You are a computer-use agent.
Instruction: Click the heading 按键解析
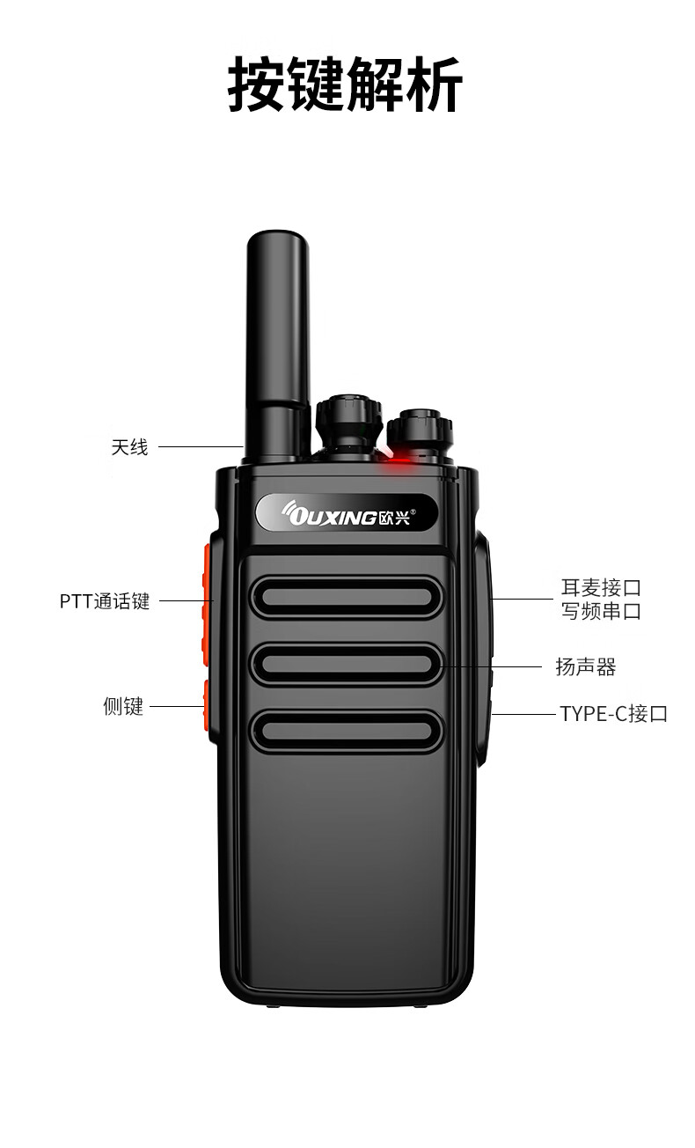pos(345,84)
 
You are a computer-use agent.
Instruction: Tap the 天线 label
pos(129,447)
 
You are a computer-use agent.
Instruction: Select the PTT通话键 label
pos(105,601)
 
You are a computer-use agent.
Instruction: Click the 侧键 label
pos(123,706)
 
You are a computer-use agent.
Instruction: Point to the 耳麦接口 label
pos(601,587)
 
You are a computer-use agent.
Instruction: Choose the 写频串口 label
pos(601,611)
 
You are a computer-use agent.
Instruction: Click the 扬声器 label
pos(585,667)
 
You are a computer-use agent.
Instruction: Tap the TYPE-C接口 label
pos(613,714)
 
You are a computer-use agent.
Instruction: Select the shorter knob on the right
pos(420,433)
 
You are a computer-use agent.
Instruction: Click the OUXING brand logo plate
pos(347,512)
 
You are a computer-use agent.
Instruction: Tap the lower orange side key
pos(206,706)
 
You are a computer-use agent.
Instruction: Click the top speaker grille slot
pos(347,597)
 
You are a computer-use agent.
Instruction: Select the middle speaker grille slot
pos(347,664)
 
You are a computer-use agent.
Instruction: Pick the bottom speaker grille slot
pos(347,731)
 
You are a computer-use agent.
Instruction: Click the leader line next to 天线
pos(201,447)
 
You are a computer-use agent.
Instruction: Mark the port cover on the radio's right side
pos(482,649)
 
